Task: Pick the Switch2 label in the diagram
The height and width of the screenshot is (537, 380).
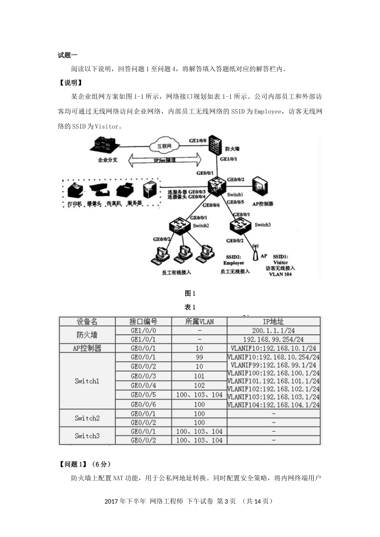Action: [x=201, y=225]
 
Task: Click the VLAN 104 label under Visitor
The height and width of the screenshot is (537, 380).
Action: [x=280, y=274]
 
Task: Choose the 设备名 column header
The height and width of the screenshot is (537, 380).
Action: [x=87, y=322]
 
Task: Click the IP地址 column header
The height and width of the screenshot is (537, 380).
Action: [x=273, y=322]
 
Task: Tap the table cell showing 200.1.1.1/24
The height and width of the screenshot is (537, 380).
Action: [x=273, y=330]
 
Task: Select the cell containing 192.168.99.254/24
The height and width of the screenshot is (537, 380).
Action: [x=273, y=339]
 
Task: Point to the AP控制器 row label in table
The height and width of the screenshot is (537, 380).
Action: [x=87, y=348]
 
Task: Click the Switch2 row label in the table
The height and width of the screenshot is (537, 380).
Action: [x=87, y=418]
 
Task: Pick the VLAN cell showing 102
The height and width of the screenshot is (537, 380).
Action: [x=199, y=386]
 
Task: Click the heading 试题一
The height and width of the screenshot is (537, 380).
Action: [x=68, y=55]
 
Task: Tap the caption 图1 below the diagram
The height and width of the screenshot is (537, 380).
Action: [x=190, y=293]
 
